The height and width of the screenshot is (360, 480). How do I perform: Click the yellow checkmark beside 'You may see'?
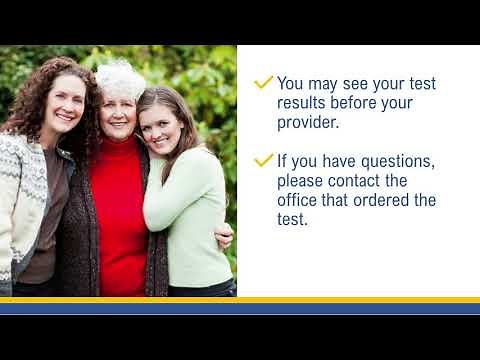(x=264, y=82)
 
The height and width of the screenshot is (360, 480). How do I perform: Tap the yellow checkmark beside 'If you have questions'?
(x=264, y=159)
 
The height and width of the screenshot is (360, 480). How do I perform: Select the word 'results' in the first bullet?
(x=306, y=103)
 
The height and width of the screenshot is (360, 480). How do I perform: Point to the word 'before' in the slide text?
(x=366, y=103)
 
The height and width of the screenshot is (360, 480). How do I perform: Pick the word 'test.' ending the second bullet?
(x=293, y=220)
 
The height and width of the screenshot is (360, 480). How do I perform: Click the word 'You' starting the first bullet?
(x=292, y=83)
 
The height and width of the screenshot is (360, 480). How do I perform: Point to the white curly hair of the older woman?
(x=121, y=76)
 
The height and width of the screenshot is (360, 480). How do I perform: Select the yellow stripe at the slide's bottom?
(x=240, y=299)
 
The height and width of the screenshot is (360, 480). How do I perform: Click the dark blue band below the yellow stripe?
(x=240, y=308)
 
